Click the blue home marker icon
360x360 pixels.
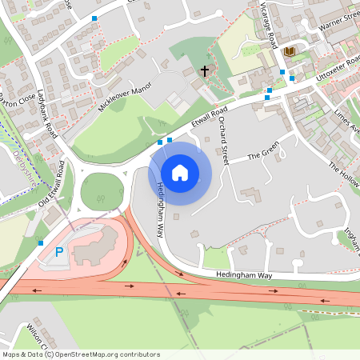180,173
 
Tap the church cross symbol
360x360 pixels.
204,71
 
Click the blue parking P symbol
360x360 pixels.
58,252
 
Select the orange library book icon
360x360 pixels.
290,52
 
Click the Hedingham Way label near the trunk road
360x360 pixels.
244,275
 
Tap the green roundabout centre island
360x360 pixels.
102,192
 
